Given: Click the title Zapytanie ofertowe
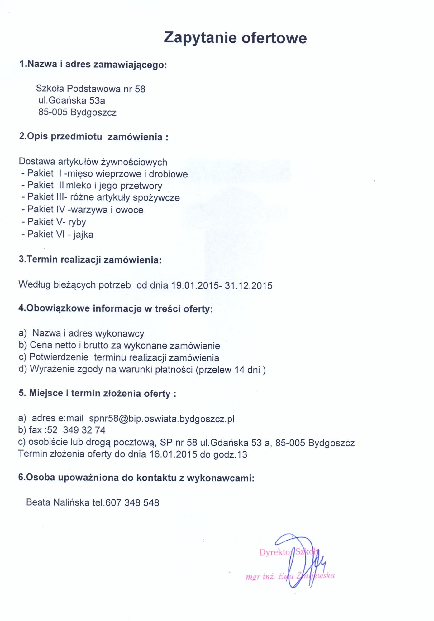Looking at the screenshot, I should (235, 38).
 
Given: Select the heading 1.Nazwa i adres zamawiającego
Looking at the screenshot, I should (93, 64).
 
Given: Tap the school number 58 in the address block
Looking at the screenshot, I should (140, 89).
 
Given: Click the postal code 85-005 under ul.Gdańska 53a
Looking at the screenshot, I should (53, 112).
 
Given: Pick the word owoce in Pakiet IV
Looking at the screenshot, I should (129, 210).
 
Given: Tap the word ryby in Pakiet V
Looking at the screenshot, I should (77, 222).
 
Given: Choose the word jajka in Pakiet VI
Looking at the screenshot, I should (83, 235).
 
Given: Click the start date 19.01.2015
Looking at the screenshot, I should (195, 285).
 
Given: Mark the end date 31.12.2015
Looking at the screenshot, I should (248, 286).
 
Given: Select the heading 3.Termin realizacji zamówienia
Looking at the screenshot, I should (90, 260).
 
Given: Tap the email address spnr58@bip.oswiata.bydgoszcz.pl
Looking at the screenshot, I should (161, 419).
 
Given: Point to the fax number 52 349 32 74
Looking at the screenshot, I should (76, 430).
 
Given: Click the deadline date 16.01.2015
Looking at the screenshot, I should (173, 454).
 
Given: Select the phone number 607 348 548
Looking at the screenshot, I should (132, 503).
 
